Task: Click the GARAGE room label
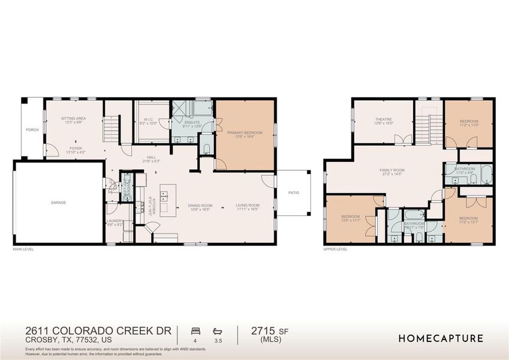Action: [58, 202]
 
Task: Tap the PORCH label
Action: [32, 130]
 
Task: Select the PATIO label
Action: [294, 193]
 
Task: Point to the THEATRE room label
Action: [384, 119]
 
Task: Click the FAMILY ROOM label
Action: [390, 171]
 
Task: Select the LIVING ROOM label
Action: [247, 206]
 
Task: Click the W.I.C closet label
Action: [149, 120]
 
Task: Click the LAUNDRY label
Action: [115, 221]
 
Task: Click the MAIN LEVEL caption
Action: [23, 248]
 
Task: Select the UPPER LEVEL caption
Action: [335, 248]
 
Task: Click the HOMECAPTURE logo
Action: [441, 338]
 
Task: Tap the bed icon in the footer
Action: [195, 331]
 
